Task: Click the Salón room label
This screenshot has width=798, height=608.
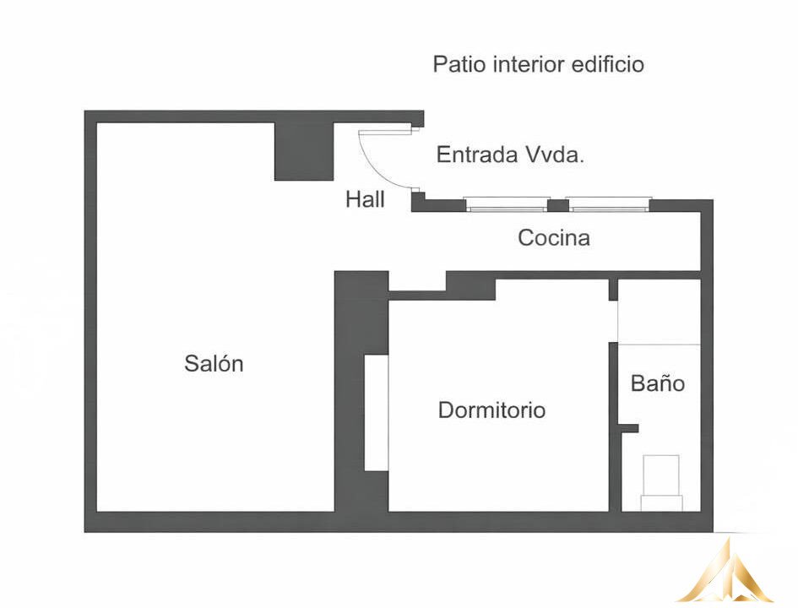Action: [x=214, y=363]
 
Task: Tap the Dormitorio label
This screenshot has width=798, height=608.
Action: [x=491, y=410]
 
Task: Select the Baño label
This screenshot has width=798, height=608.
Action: [x=658, y=383]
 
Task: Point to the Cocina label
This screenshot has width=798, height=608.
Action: [x=554, y=237]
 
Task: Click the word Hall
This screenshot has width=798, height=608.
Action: [x=365, y=199]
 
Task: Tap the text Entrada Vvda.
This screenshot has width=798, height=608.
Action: [x=510, y=155]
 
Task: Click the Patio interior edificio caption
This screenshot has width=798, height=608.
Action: [x=539, y=65]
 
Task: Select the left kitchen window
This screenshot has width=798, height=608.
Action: [x=506, y=204]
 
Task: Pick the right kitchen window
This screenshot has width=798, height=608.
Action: [x=609, y=204]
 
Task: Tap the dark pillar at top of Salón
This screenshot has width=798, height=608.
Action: [x=304, y=152]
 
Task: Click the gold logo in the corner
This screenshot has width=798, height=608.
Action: [x=727, y=572]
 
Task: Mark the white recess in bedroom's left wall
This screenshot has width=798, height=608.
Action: [x=377, y=413]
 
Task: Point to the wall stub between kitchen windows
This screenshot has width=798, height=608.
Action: [x=558, y=205]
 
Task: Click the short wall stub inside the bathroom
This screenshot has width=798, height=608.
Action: [x=630, y=428]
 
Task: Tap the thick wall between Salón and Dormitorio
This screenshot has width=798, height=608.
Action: [x=361, y=391]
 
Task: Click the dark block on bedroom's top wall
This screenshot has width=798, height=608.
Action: [x=470, y=285]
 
